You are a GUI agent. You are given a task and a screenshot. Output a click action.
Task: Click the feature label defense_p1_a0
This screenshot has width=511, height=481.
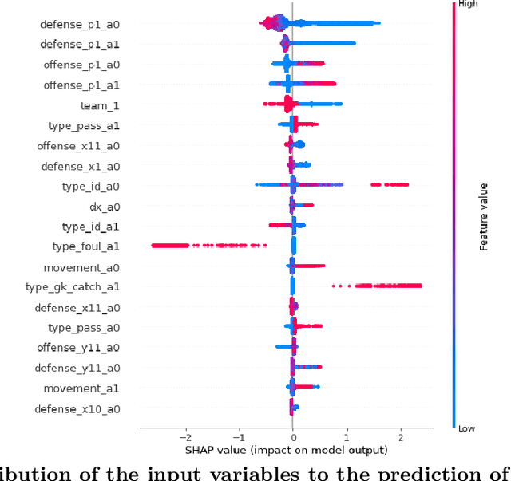click(x=79, y=25)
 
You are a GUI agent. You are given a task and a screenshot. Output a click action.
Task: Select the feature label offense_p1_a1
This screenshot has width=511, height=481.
click(x=79, y=85)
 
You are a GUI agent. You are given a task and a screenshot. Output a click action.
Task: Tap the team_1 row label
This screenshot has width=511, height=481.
click(x=100, y=105)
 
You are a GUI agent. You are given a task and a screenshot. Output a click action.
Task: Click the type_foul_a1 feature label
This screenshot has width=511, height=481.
click(x=85, y=247)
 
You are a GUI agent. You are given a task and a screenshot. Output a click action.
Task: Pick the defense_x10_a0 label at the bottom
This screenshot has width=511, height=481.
click(x=77, y=409)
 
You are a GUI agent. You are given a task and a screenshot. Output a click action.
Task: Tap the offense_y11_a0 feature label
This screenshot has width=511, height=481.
click(x=77, y=348)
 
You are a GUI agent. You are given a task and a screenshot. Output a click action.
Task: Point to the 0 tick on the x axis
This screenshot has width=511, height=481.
click(x=292, y=437)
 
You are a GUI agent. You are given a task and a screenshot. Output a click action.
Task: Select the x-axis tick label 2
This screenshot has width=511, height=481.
click(x=400, y=437)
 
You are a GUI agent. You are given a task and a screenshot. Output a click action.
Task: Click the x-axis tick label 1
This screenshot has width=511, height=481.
click(x=347, y=437)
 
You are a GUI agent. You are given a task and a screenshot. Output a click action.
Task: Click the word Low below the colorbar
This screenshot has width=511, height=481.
click(x=467, y=428)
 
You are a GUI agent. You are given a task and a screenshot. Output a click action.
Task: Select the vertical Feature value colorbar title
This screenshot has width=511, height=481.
click(x=484, y=215)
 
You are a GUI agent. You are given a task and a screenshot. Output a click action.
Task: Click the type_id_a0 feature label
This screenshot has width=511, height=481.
click(x=90, y=187)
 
